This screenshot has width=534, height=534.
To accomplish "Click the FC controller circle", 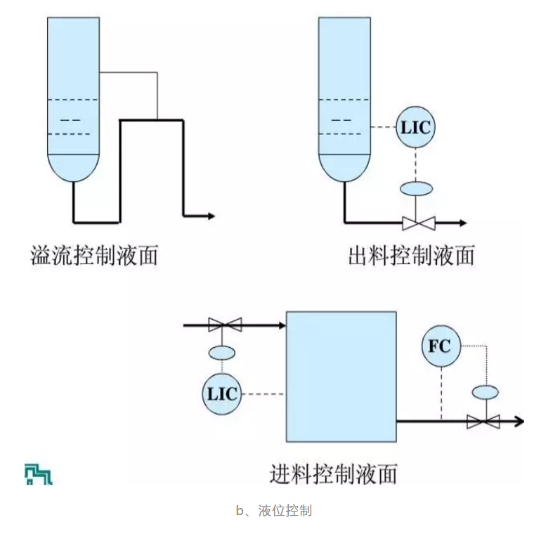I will [x=440, y=346].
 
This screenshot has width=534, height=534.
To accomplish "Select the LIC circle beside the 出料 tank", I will [x=415, y=127].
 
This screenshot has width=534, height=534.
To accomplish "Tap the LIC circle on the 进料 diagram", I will [x=222, y=393].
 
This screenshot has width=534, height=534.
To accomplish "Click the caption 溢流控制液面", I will [x=94, y=254].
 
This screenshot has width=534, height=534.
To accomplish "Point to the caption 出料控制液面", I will [x=412, y=254].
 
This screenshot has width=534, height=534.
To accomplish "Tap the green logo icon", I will [x=39, y=474].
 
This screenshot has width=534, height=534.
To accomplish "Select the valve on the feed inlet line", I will [x=226, y=325].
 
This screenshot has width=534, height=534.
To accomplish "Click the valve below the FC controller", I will [x=483, y=422].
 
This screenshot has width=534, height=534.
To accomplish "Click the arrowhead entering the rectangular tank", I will [x=281, y=325].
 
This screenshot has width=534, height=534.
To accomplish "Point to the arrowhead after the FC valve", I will [x=519, y=422].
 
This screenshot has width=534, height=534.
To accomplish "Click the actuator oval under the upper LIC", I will [x=416, y=188].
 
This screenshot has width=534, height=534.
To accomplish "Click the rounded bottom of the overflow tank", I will [x=73, y=169].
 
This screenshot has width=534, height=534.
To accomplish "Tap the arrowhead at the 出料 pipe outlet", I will [x=462, y=223].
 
